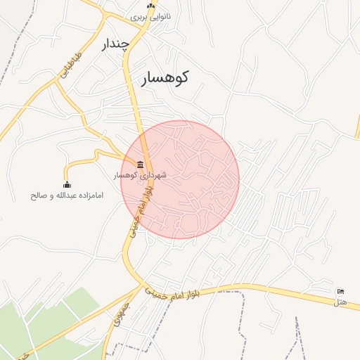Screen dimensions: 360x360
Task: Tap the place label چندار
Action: click(117, 44)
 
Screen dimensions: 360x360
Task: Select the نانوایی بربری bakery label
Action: click(150, 16)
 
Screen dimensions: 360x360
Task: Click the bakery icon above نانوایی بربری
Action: click(150, 6)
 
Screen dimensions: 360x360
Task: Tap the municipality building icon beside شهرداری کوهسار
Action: click(141, 165)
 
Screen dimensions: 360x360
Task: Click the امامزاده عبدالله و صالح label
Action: click(67, 195)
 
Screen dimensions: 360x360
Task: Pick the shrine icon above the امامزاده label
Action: click(67, 185)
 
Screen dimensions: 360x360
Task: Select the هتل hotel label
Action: click(341, 302)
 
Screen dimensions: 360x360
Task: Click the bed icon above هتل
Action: click(341, 292)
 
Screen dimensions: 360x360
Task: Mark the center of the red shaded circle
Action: click(180, 179)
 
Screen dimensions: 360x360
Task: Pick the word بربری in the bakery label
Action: click(141, 16)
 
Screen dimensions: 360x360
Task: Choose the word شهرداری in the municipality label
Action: click(153, 174)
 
